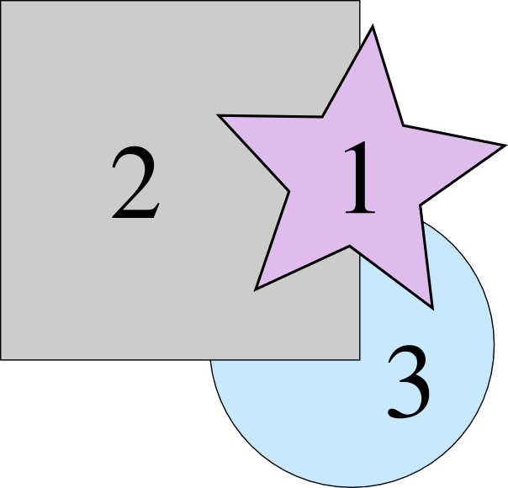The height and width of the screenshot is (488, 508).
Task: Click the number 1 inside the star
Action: point(359,178)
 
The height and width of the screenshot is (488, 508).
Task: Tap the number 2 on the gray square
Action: point(135,185)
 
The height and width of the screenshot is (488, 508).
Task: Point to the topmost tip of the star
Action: point(373,28)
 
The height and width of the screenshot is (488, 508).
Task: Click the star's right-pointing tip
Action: point(505,144)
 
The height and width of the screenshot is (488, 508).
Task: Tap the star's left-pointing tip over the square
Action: point(220,116)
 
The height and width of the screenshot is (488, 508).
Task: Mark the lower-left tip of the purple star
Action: point(255,289)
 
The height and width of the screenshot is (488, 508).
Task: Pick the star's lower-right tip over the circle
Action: point(432,308)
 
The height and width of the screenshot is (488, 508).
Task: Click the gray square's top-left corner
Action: point(1,1)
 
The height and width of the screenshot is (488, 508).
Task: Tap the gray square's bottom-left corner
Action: point(1,359)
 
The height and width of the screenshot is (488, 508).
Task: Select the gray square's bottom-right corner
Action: point(360,359)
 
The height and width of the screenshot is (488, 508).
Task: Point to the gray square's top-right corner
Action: point(360,1)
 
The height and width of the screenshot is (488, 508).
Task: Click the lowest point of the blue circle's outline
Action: point(352,486)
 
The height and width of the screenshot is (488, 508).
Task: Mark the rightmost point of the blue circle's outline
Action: point(494,344)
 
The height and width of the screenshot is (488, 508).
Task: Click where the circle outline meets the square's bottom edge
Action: point(211,360)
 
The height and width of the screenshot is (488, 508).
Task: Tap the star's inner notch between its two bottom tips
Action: point(349,246)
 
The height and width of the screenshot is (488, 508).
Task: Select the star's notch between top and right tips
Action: point(403,126)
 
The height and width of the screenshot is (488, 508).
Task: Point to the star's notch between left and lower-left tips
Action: point(289,192)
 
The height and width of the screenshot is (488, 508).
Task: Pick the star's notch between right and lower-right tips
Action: point(421,202)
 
